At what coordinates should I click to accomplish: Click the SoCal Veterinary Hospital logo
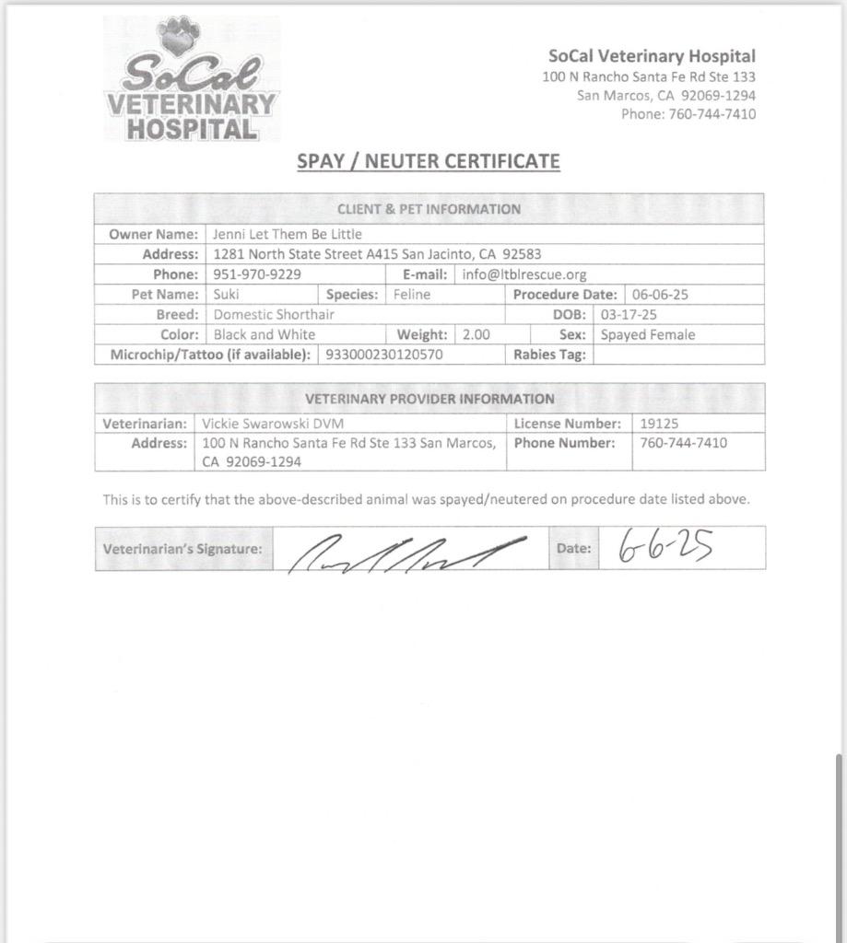click(x=191, y=81)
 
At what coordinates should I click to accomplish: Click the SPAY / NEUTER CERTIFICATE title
click(x=428, y=161)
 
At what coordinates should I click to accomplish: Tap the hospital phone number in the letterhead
click(x=688, y=114)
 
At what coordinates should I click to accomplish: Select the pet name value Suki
click(x=226, y=295)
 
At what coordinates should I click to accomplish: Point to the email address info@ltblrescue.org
click(x=524, y=274)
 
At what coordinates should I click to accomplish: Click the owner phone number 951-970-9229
click(x=257, y=274)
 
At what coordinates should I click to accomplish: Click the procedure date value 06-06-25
click(x=660, y=295)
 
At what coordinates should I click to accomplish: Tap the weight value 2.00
click(x=476, y=335)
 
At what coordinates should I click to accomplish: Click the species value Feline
click(x=412, y=295)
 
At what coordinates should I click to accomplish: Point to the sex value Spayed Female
click(x=648, y=335)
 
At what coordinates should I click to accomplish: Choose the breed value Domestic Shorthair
click(x=274, y=315)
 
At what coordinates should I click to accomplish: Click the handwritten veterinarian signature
click(x=406, y=553)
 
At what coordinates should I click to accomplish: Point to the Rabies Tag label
click(x=549, y=355)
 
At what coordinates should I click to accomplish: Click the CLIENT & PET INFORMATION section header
click(x=429, y=209)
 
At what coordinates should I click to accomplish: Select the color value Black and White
click(x=265, y=335)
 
